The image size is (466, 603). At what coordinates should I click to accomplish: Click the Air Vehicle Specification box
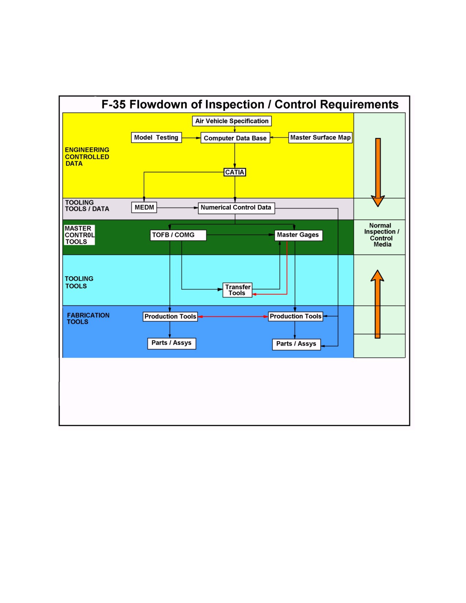coord(232,121)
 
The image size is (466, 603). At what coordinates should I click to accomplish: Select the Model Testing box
coord(156,137)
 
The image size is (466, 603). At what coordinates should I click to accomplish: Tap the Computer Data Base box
coord(235,138)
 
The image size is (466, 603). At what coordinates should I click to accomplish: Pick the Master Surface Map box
coord(320,137)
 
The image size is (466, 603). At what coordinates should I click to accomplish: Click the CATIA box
coord(235,172)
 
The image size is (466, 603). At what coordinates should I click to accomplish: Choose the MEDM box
coord(144,207)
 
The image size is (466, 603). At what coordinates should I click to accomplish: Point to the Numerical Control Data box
coord(236,208)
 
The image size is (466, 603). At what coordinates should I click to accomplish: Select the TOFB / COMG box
coord(178,235)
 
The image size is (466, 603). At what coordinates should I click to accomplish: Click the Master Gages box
coord(298,235)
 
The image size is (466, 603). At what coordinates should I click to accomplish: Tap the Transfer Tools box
coord(237,290)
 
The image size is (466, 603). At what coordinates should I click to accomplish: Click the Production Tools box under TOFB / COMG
coord(170,316)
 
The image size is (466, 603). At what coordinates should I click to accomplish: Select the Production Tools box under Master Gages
coord(295,316)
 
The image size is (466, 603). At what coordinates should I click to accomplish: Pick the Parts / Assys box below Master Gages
coord(296,344)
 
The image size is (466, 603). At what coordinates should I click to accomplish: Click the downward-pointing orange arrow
coord(378,172)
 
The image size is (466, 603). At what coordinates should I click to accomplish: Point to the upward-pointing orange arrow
coord(378,304)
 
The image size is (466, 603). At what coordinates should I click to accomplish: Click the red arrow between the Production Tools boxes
coord(233,316)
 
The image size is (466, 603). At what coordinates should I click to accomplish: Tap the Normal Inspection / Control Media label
coord(382,235)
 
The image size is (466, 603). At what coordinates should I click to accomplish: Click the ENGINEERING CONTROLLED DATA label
coord(87,157)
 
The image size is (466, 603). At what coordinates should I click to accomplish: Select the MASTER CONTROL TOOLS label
coord(79,235)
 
